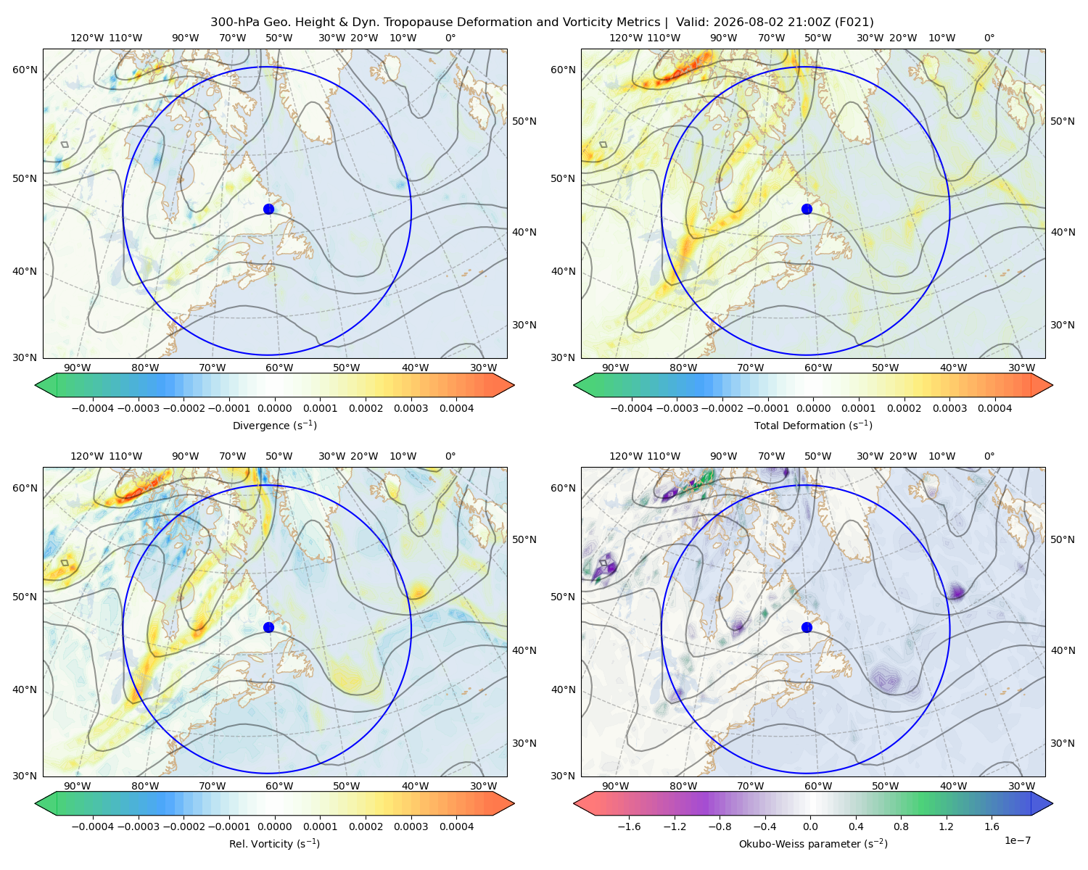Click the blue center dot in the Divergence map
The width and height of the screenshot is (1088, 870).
[268, 209]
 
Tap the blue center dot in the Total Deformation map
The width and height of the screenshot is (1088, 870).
[807, 209]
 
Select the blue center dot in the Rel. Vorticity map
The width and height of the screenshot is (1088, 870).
[268, 627]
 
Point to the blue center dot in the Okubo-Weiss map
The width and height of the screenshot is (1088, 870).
[807, 627]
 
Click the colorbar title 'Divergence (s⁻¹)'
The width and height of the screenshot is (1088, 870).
[274, 425]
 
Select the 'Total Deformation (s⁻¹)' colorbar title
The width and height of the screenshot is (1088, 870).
[813, 425]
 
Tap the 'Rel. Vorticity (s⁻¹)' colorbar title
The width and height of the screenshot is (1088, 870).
[274, 843]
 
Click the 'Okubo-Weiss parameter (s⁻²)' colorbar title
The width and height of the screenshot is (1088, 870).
[813, 843]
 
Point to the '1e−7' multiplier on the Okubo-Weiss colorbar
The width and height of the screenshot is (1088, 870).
[1017, 840]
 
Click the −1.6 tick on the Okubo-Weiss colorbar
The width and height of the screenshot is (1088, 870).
[629, 826]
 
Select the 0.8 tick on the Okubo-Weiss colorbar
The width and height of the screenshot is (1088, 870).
[901, 826]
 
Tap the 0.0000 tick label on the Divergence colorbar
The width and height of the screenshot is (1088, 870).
[274, 408]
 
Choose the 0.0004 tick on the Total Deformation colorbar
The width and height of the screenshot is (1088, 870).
[994, 408]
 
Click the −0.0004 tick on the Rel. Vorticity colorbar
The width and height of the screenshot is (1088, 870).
[93, 826]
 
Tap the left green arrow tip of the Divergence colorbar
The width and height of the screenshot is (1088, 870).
[36, 385]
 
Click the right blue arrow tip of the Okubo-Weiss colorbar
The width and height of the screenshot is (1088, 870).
[1052, 803]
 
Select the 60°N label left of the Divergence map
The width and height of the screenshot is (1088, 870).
[25, 70]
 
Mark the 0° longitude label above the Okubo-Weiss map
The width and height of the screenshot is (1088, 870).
[989, 456]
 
